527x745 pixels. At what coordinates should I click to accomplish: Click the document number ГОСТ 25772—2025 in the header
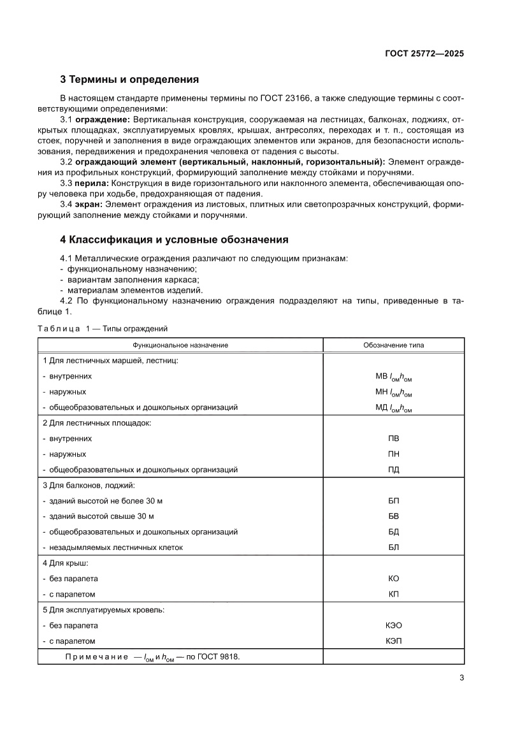click(424, 54)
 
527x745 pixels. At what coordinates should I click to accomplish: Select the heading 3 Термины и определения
click(129, 80)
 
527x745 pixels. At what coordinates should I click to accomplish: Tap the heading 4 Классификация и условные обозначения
click(174, 240)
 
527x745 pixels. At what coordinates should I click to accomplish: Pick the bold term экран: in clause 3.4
click(89, 205)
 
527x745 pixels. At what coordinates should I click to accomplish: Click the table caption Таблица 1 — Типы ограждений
click(103, 329)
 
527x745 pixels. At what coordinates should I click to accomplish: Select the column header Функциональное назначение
click(180, 345)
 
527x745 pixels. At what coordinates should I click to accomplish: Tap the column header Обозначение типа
click(393, 345)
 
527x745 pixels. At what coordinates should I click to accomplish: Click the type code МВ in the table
click(382, 376)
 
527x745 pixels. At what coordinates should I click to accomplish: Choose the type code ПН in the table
click(393, 454)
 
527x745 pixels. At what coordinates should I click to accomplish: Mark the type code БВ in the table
click(393, 516)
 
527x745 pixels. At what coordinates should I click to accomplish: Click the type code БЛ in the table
click(393, 547)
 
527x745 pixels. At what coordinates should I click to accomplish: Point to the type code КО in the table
click(393, 579)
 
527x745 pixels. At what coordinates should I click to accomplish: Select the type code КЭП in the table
click(393, 640)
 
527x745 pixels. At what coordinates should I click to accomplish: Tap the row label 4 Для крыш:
click(65, 563)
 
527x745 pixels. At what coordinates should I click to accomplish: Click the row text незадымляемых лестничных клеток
click(117, 547)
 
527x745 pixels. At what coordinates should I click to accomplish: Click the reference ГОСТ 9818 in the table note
click(216, 656)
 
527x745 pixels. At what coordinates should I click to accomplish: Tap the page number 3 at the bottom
click(461, 678)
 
